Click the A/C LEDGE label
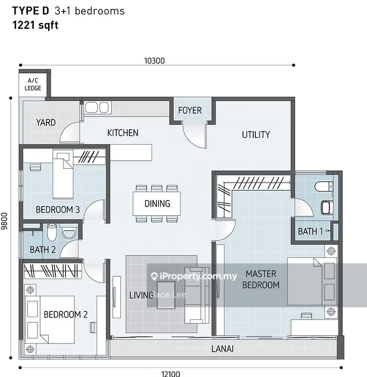[x=33, y=84]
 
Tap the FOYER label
[x=190, y=111]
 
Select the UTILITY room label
[x=256, y=135]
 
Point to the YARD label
[x=45, y=122]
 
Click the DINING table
[x=157, y=203]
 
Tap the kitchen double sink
[x=97, y=107]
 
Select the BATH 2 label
[x=42, y=249]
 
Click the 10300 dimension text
[x=154, y=61]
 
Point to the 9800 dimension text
[x=4, y=221]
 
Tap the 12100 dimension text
[x=171, y=373]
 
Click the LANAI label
[x=222, y=349]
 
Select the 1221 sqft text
[x=35, y=25]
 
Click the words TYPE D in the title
[x=30, y=11]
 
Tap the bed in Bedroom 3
[x=63, y=174]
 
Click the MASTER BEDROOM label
[x=261, y=279]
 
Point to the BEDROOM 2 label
[x=66, y=314]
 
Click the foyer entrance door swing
[x=194, y=135]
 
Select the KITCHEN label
[x=123, y=133]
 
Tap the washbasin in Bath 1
[x=327, y=208]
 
